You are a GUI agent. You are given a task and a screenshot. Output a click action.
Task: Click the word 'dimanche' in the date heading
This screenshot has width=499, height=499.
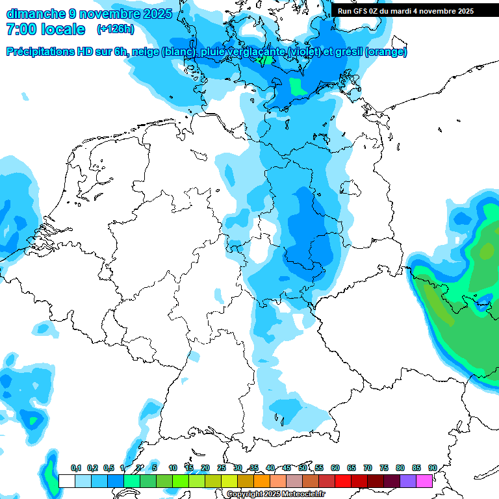click(34, 13)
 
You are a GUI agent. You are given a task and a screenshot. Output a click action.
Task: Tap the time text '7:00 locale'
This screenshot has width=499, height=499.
click(45, 29)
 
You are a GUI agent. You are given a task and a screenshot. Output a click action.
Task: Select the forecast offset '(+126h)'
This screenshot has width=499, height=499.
click(115, 29)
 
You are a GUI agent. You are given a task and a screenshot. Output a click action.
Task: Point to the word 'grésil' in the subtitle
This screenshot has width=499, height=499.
click(348, 52)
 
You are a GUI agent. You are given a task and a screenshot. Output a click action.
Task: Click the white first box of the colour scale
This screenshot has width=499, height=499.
click(66, 481)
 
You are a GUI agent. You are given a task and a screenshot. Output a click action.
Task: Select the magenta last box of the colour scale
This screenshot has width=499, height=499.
click(425, 481)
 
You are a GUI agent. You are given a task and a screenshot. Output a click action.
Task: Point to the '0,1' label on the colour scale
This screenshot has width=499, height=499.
click(75, 468)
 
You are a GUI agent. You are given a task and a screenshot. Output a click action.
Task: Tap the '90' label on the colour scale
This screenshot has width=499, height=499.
click(432, 468)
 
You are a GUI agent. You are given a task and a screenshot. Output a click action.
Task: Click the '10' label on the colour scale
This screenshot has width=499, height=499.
click(173, 468)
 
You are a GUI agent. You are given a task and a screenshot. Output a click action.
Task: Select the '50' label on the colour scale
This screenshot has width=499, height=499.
click(303, 468)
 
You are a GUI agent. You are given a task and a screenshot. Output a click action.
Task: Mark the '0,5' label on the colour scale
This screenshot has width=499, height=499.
click(108, 468)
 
